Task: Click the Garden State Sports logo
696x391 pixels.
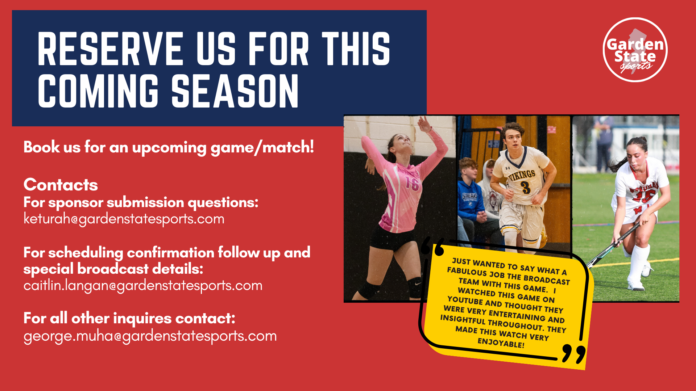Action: click(x=635, y=50)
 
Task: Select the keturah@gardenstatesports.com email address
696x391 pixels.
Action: click(x=124, y=219)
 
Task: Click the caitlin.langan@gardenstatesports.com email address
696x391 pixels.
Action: click(x=143, y=286)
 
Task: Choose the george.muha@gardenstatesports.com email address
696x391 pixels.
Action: click(x=150, y=336)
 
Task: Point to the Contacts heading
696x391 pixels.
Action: click(x=61, y=185)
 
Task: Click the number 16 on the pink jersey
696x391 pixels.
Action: click(x=412, y=183)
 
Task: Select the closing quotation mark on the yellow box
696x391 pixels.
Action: click(x=574, y=354)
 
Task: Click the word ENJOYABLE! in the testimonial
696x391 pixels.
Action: click(x=501, y=343)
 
